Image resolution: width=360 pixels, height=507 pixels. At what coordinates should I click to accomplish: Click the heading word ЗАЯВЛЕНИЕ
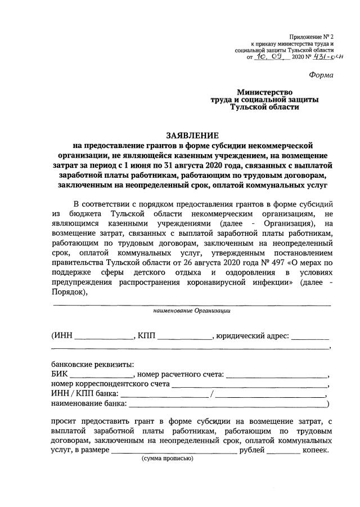coord(192,136)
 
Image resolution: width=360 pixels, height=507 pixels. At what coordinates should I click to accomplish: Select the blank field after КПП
coord(185,338)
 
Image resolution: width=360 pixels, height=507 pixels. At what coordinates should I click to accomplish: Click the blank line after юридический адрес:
coord(310,338)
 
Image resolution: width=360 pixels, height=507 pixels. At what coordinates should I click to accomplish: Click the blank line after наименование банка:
coord(227,404)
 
